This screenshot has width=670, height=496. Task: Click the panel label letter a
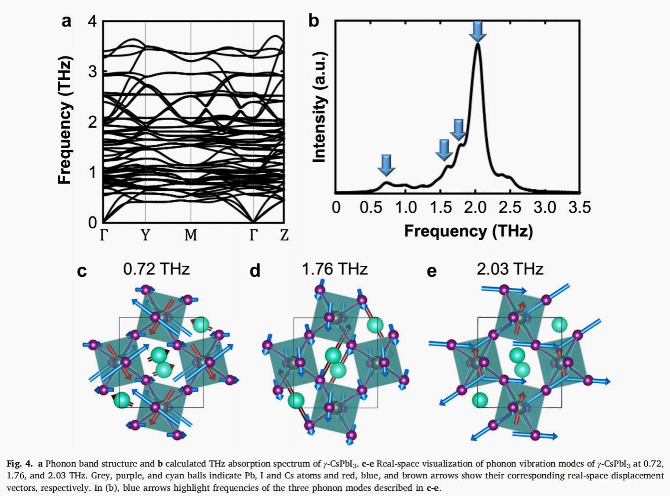coord(66,21)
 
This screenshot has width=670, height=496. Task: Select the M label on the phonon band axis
coord(190,235)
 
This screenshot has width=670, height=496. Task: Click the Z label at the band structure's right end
coord(284,235)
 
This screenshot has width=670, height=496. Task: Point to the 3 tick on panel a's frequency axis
coord(93,72)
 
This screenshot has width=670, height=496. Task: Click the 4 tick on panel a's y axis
coord(93,21)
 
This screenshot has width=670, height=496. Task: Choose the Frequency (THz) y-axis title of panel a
coord(65,121)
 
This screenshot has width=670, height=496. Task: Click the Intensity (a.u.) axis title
coord(320,106)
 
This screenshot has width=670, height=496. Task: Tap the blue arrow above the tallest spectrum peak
coord(478,31)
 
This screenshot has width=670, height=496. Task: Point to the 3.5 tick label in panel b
coord(579,207)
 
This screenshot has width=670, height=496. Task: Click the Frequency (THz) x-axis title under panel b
coord(468,231)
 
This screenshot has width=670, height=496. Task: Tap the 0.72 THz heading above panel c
coord(156,269)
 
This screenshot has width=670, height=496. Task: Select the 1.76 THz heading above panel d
coord(335,269)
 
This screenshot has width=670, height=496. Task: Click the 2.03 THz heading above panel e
coord(510,269)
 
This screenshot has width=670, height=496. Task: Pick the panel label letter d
coord(255,271)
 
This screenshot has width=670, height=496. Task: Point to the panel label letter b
coord(314,21)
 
